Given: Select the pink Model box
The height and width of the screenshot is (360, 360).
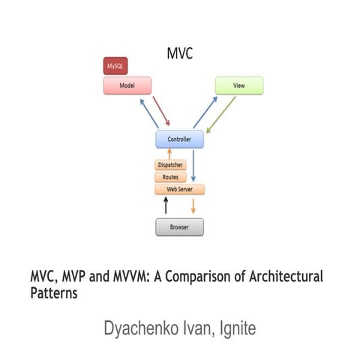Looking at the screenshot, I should [x=127, y=85].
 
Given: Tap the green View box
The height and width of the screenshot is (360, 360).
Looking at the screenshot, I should [x=239, y=85].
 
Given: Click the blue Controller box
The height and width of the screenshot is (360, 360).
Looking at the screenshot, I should [x=179, y=139].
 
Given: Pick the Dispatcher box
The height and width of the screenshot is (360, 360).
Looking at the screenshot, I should [x=170, y=165].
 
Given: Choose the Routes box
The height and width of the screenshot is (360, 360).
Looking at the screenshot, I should [x=170, y=178].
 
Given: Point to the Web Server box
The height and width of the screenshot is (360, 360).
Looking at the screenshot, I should [x=179, y=190].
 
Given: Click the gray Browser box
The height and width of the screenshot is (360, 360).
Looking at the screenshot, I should [x=179, y=226].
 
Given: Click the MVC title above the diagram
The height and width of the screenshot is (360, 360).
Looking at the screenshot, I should [x=180, y=54].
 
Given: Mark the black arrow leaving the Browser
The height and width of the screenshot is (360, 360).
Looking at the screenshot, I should [x=166, y=206].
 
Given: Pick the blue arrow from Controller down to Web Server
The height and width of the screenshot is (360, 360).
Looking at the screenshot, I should [x=193, y=166].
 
